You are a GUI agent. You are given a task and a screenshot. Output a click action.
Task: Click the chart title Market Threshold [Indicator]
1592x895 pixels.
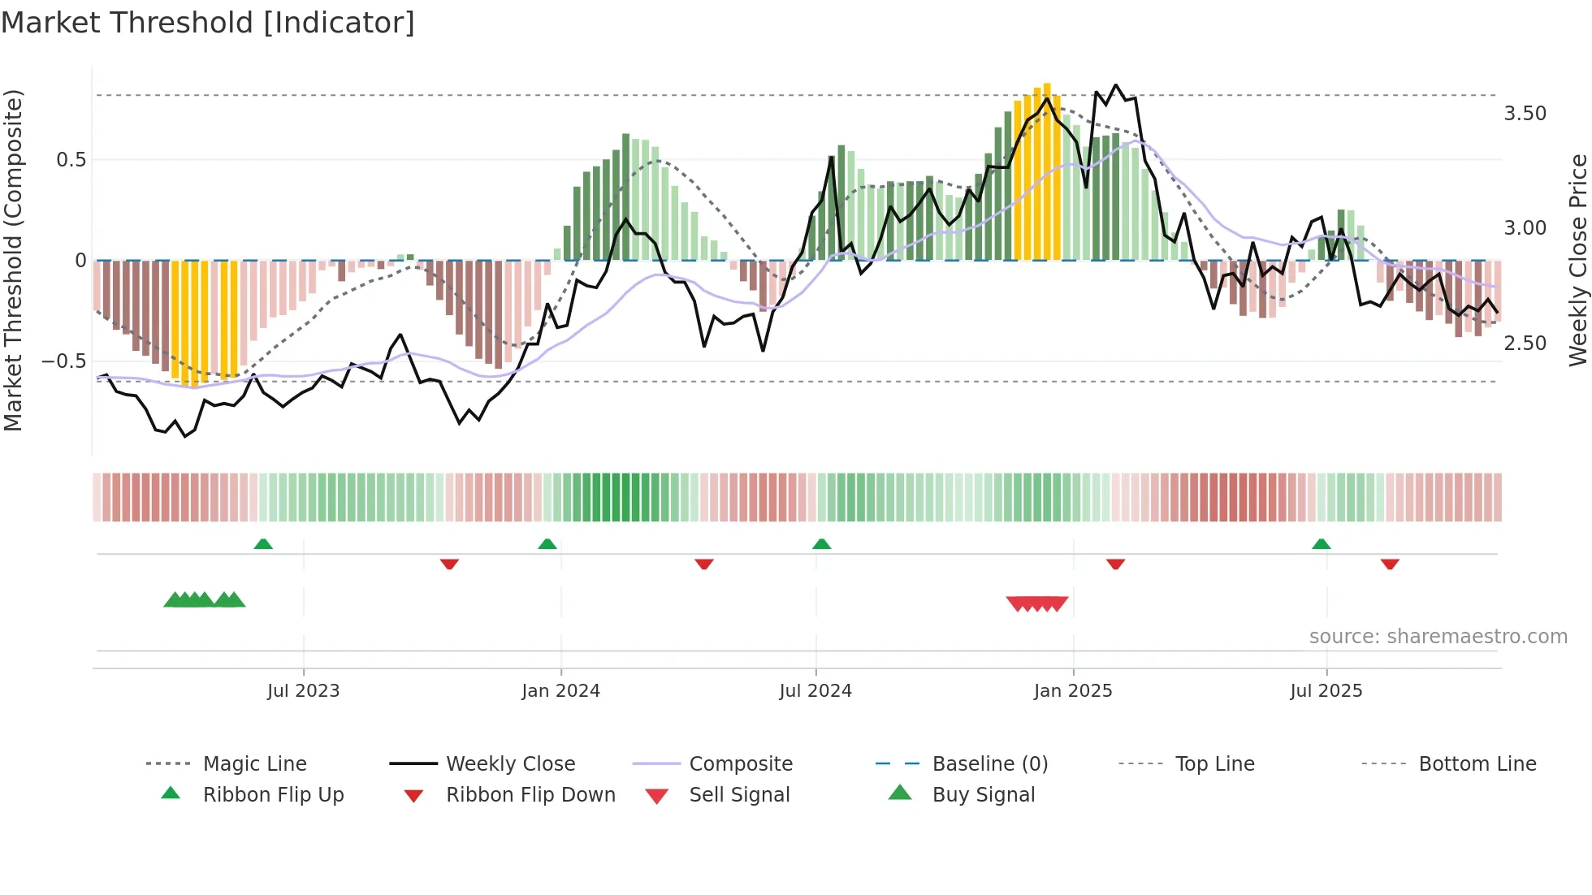[x=208, y=23]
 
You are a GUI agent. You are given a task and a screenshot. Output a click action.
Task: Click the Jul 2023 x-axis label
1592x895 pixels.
[x=303, y=691]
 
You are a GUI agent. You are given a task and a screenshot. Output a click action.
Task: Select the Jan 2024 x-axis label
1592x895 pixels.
[x=560, y=691]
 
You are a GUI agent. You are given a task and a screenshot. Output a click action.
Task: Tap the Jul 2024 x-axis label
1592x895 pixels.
[x=815, y=691]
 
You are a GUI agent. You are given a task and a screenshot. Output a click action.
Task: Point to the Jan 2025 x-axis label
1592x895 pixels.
[x=1073, y=691]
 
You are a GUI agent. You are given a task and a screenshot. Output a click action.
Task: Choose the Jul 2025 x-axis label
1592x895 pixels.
[x=1326, y=691]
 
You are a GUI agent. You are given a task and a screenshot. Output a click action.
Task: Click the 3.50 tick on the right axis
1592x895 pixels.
[x=1525, y=114]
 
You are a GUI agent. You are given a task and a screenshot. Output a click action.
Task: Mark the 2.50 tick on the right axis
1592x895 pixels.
[x=1525, y=344]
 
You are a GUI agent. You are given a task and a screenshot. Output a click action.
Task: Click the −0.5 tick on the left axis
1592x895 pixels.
[x=63, y=361]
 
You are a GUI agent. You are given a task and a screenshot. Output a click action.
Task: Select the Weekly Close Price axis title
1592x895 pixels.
[x=1577, y=260]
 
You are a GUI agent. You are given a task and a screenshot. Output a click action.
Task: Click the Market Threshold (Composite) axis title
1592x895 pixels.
[x=13, y=260]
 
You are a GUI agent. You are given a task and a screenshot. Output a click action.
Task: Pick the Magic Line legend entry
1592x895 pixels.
[x=254, y=764]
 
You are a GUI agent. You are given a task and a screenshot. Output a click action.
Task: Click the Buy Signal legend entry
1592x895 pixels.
[x=983, y=795]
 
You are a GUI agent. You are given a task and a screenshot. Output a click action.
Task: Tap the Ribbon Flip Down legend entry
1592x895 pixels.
[x=530, y=795]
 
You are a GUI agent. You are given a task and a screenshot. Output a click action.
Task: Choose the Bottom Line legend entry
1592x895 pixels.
[x=1477, y=764]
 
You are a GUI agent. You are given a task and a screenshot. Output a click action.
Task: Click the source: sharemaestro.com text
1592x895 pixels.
[x=1438, y=637]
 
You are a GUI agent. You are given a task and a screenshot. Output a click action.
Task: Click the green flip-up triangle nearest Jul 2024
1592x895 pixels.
[x=821, y=544]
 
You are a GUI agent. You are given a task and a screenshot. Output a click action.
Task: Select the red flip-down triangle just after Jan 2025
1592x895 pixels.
[x=1115, y=564]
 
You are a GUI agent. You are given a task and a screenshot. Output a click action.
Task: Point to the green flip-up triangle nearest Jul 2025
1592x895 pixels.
[x=1321, y=544]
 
